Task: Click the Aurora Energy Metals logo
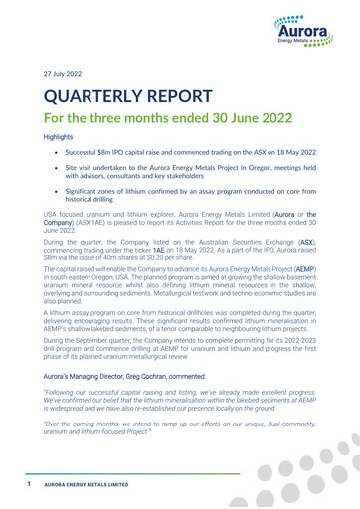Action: pos(307,35)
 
